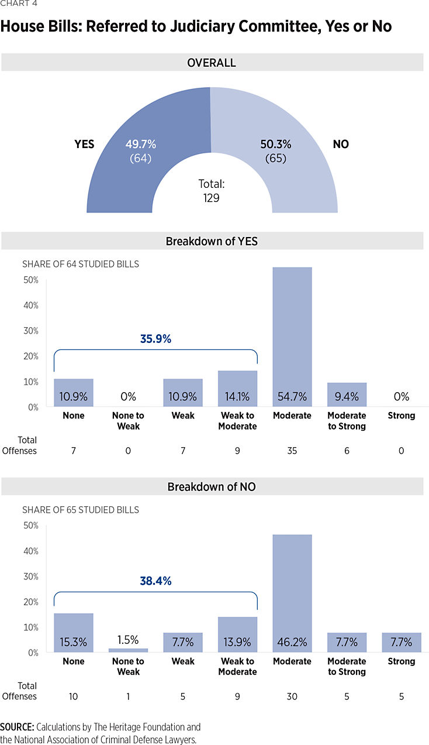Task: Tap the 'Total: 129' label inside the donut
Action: (x=212, y=191)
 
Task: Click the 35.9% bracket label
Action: (x=155, y=338)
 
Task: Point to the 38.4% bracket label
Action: (x=155, y=581)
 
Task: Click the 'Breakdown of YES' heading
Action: (x=212, y=241)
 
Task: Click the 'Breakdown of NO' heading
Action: (x=212, y=487)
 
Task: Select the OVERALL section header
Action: (x=212, y=63)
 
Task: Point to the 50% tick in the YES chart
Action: (x=30, y=280)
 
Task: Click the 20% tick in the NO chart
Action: (x=30, y=602)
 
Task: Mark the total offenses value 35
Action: (x=292, y=451)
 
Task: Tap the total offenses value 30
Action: (x=292, y=696)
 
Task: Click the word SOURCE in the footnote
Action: (x=17, y=727)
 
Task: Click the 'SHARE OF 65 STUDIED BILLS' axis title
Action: (x=81, y=510)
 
